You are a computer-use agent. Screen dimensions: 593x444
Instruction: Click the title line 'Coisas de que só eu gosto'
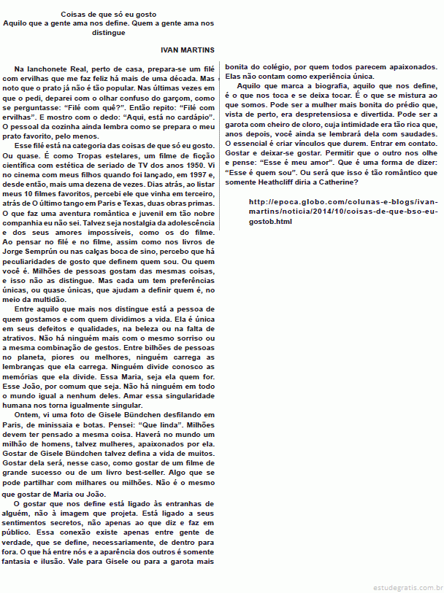[x=108, y=15]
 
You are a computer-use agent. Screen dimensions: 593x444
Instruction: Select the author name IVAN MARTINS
[x=187, y=50]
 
